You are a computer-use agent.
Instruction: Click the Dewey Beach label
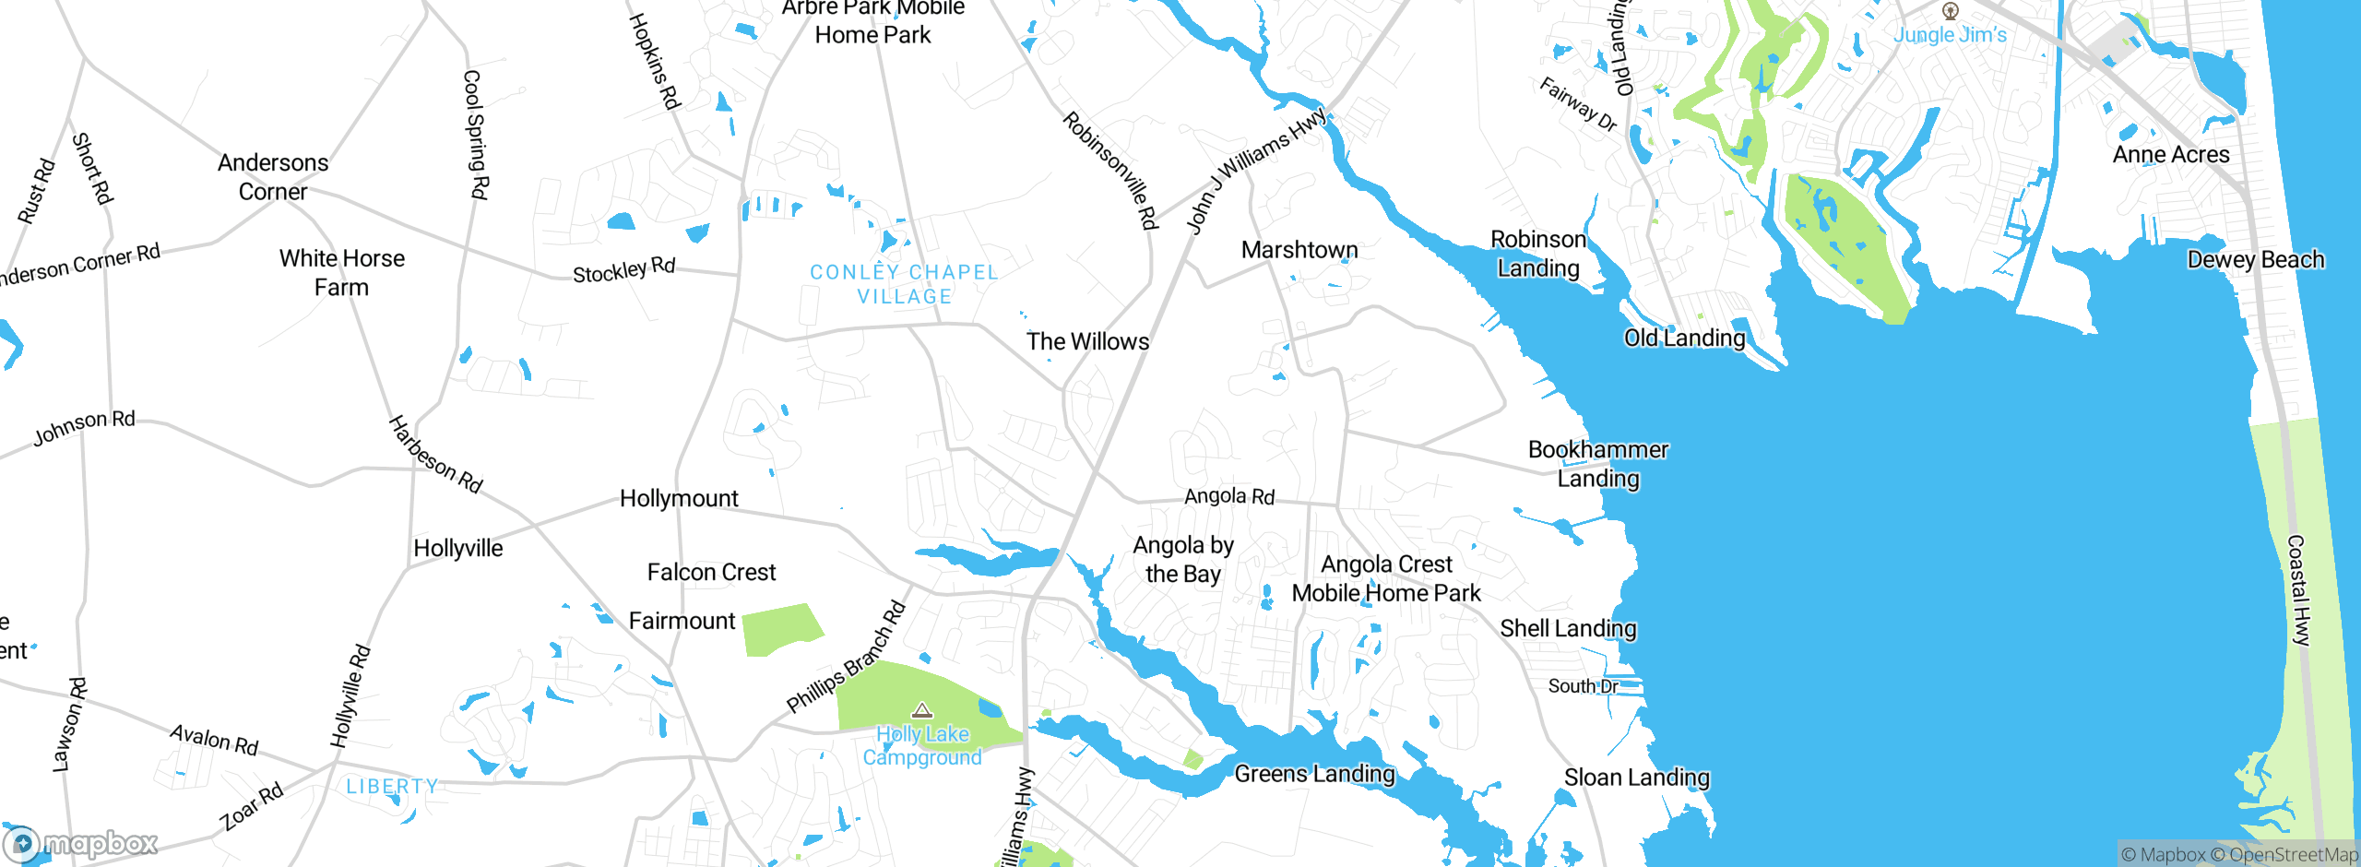2255,260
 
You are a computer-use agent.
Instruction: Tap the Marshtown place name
1299,250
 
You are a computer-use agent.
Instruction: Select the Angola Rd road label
1228,496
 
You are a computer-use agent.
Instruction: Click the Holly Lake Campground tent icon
922,710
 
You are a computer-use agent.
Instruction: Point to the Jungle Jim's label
1950,35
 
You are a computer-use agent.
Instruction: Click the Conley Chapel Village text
904,284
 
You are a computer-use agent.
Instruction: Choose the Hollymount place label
679,499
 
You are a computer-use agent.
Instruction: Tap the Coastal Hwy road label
2299,590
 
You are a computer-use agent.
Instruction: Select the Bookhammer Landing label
1597,464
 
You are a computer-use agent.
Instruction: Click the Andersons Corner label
273,177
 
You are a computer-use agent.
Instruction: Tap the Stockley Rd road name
623,270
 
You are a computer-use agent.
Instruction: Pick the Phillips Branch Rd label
846,657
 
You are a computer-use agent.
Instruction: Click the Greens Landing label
1314,774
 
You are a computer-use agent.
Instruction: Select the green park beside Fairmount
779,629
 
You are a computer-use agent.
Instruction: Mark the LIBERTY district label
392,786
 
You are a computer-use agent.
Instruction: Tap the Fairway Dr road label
1578,104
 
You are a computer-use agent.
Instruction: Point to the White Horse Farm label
341,273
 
